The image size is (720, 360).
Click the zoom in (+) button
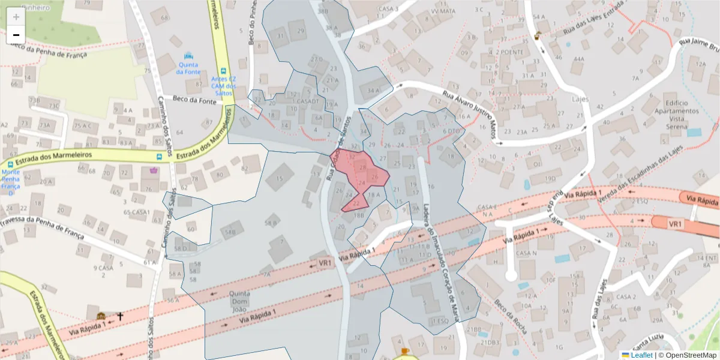pos(16,17)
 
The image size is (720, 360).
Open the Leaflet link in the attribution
pos(641,355)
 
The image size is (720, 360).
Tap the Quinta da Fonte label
pos(188,68)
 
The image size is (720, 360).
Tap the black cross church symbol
pos(120,316)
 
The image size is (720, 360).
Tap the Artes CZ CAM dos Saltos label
pos(224,84)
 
